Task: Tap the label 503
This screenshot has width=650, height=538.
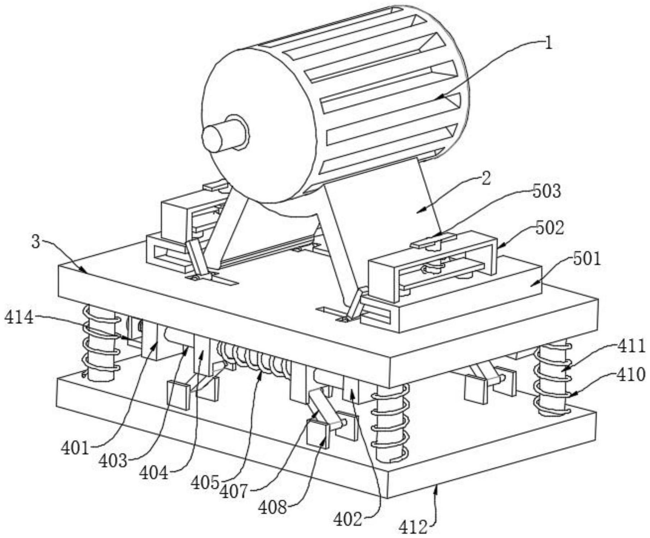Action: [547, 191]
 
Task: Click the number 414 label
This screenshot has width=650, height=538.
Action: [19, 318]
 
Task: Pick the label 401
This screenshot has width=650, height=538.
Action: [75, 448]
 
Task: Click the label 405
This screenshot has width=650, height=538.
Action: [205, 482]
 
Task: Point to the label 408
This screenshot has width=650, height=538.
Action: [273, 507]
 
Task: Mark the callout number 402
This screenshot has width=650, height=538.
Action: [347, 519]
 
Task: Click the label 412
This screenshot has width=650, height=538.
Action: [413, 527]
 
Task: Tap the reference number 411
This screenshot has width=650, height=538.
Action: [631, 346]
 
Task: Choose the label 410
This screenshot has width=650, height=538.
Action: [631, 374]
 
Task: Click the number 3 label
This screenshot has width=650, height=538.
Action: [36, 242]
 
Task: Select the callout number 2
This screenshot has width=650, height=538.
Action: [486, 179]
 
